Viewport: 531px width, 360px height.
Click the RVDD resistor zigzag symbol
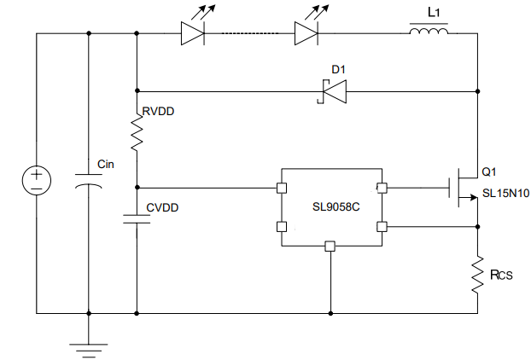coord(137,131)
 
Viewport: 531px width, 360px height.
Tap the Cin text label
coord(107,163)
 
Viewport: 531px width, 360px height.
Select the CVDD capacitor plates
coord(137,219)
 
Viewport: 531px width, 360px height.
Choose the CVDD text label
coord(162,206)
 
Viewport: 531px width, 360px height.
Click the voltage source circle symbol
coord(37,180)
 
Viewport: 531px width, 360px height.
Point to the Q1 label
coord(489,171)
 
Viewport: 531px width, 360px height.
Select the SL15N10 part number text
coord(505,194)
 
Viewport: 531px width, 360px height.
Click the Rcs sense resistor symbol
coord(477,273)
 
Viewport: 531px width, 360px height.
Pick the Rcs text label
coord(501,274)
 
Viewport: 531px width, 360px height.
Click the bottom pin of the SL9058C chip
coord(330,247)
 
